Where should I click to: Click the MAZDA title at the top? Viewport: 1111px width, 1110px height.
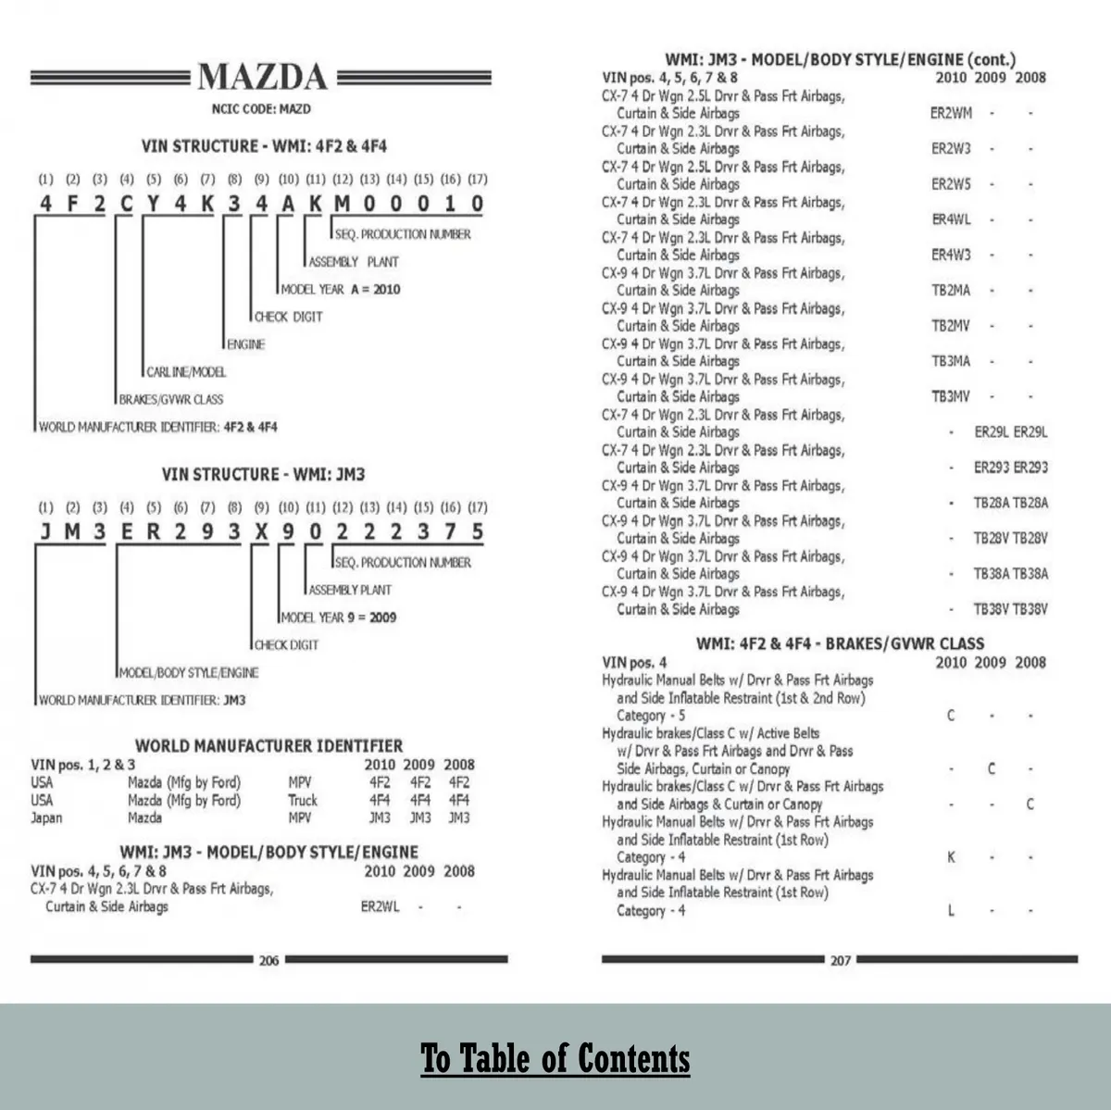point(262,77)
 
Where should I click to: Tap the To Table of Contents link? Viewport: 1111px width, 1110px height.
point(555,1058)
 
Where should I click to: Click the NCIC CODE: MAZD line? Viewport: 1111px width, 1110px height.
point(261,109)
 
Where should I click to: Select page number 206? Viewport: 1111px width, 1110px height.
point(268,960)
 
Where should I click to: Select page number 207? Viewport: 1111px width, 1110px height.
point(840,960)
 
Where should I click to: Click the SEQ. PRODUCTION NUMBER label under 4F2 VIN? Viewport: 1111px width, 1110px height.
point(403,234)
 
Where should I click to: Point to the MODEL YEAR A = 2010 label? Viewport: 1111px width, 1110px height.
point(341,289)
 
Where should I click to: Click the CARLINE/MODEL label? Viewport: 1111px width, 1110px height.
point(186,371)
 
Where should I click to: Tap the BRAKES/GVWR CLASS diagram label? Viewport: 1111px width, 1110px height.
point(171,399)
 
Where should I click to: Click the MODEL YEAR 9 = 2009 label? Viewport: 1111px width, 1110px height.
point(339,617)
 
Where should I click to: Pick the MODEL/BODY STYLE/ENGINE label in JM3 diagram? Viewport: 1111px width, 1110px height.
point(189,672)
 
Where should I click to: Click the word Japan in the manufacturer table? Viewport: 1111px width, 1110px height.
point(46,818)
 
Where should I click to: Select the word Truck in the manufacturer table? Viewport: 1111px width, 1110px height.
point(303,800)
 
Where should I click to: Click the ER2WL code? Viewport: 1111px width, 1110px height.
point(380,906)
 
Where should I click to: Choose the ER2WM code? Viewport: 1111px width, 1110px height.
point(951,113)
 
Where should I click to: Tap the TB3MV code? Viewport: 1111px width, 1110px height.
point(951,396)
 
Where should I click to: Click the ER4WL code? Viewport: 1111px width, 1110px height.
point(951,219)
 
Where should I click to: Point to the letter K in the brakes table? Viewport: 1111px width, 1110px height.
point(951,857)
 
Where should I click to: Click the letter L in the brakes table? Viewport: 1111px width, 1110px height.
point(951,911)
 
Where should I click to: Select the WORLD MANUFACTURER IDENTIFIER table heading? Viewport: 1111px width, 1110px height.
point(268,745)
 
